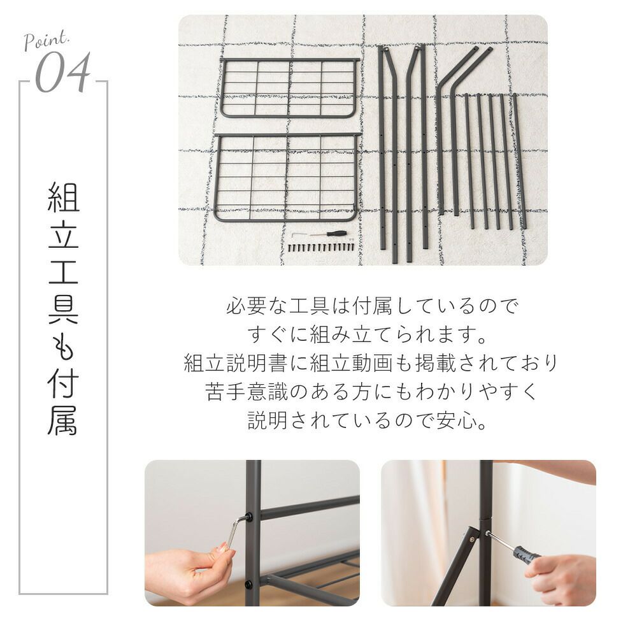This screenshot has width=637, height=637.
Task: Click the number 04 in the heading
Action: click(62, 73)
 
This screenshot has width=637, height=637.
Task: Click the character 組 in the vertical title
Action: click(63, 197)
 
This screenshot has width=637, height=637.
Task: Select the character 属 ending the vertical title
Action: click(63, 420)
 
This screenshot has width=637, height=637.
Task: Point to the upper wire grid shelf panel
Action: click(289, 88)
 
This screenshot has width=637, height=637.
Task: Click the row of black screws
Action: click(321, 247)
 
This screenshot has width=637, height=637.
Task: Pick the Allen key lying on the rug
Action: click(301, 235)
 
